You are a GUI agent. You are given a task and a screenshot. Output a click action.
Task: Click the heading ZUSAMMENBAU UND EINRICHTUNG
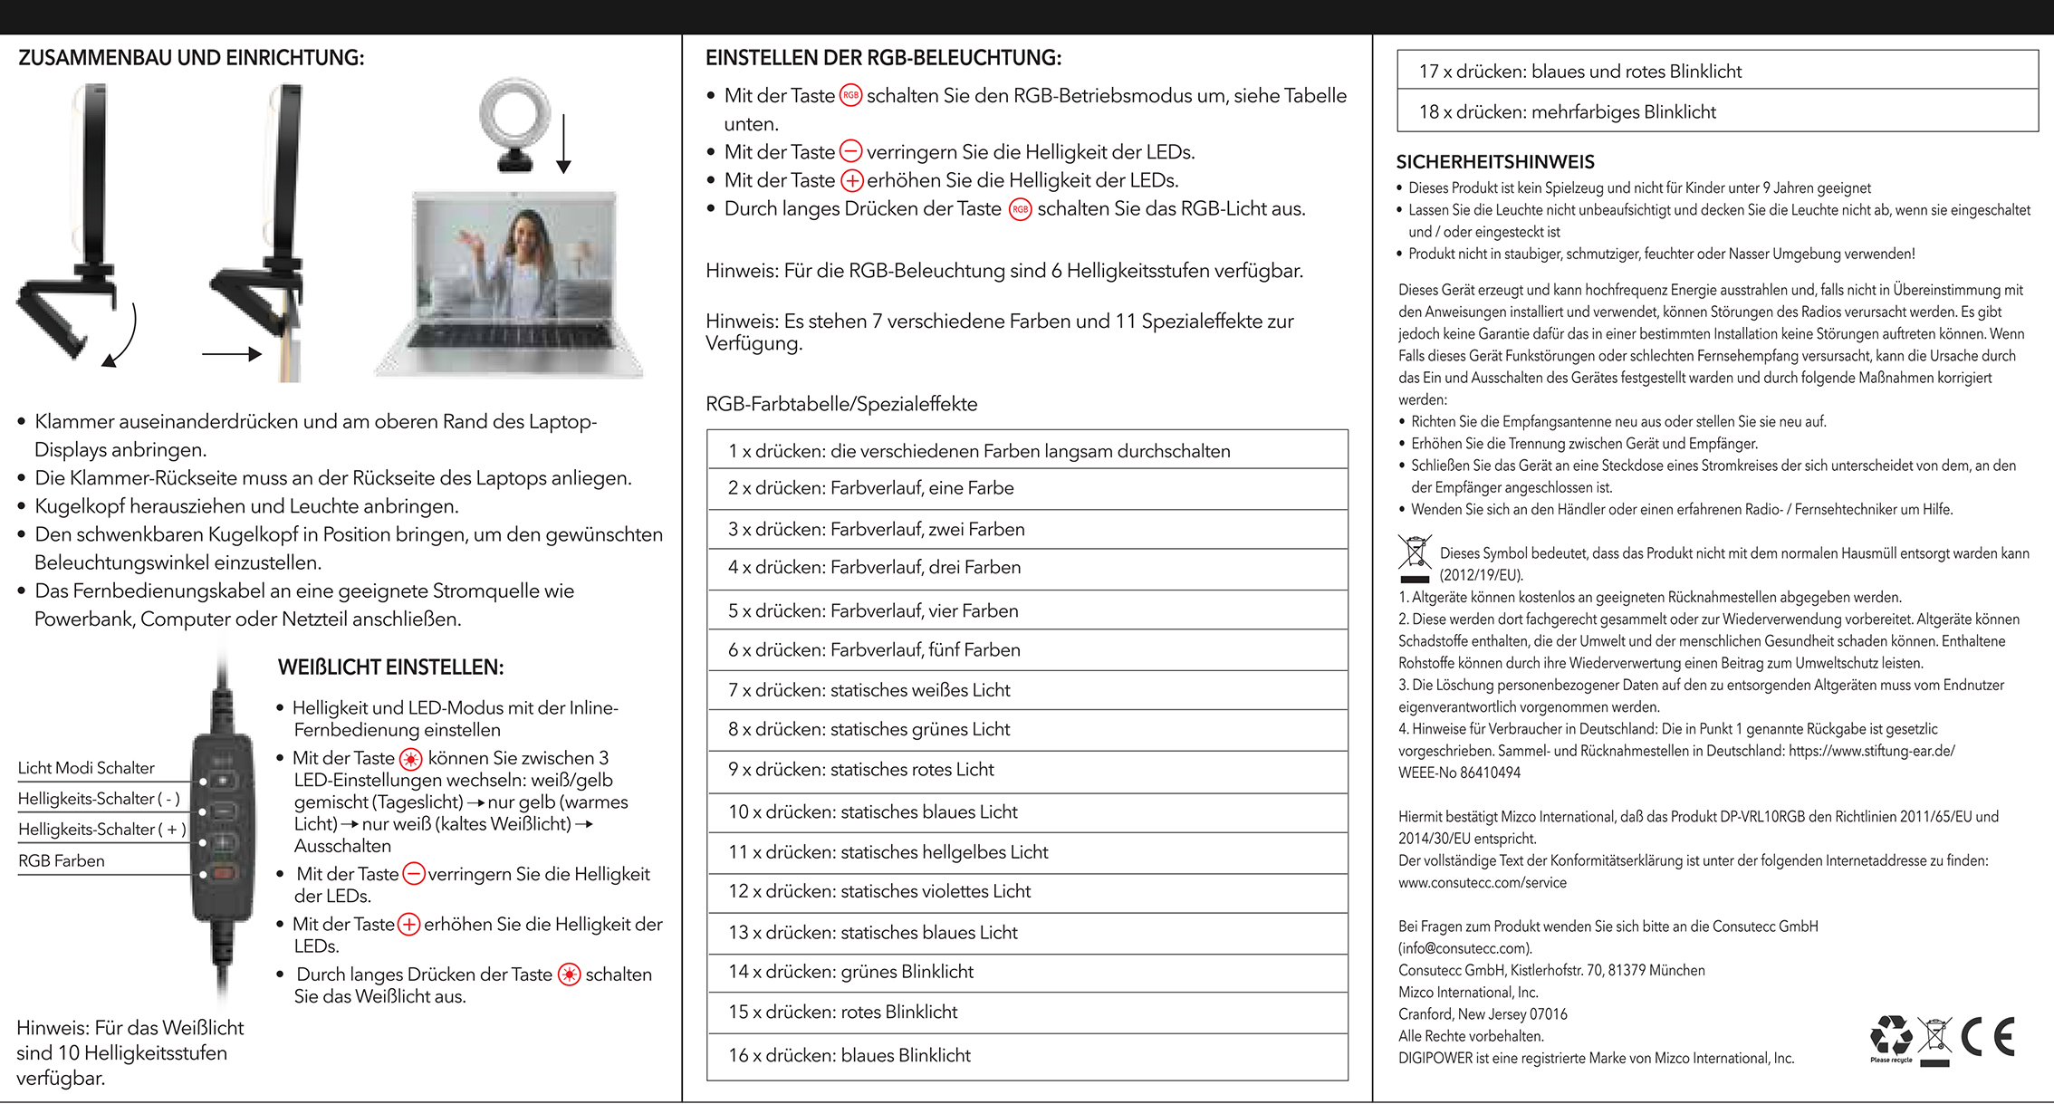click(191, 58)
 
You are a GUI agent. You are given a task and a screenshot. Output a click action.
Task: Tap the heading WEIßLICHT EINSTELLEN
click(390, 667)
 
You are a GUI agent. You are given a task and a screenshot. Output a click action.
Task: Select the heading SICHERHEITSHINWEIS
click(1495, 162)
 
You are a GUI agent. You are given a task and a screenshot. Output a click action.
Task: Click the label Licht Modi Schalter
click(86, 768)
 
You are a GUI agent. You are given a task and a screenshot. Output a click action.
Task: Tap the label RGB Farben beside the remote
click(62, 860)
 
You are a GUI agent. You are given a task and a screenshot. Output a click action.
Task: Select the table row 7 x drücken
click(869, 690)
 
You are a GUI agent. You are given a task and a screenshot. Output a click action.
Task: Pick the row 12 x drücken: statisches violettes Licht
click(879, 891)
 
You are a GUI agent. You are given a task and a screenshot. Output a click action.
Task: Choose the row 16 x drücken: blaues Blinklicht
click(849, 1055)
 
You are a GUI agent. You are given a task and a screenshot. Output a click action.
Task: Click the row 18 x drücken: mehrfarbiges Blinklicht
click(1567, 111)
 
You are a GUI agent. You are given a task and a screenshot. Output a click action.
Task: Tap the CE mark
click(1988, 1037)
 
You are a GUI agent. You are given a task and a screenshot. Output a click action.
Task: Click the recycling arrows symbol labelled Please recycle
click(1891, 1036)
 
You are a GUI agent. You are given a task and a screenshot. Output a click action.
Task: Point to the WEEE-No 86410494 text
click(1459, 773)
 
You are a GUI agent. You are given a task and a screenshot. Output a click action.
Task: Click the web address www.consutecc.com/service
click(1482, 882)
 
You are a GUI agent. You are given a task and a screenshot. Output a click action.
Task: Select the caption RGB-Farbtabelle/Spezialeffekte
click(841, 404)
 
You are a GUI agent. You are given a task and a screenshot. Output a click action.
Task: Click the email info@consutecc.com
click(1464, 948)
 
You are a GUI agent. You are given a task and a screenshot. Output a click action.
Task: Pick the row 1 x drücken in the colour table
click(979, 451)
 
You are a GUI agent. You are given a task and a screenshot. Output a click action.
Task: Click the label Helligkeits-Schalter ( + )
click(102, 830)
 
